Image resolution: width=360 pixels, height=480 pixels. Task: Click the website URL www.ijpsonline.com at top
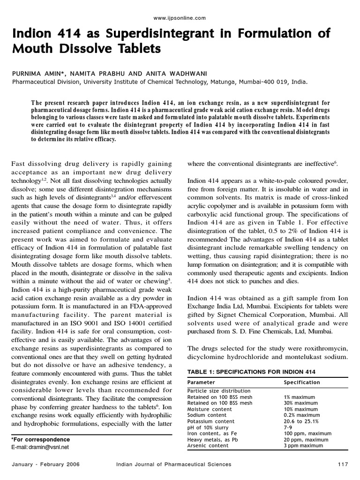point(180,18)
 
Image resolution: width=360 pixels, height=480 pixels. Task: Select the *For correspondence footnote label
point(40,440)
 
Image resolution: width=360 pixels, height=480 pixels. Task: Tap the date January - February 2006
point(46,464)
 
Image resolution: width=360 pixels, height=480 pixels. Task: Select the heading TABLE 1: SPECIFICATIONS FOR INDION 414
point(251,372)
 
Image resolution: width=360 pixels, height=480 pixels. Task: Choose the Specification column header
point(302,382)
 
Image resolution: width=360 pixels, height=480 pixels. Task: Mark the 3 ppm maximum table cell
point(303,446)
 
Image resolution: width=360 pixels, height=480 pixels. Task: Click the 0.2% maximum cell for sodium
point(302,415)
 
